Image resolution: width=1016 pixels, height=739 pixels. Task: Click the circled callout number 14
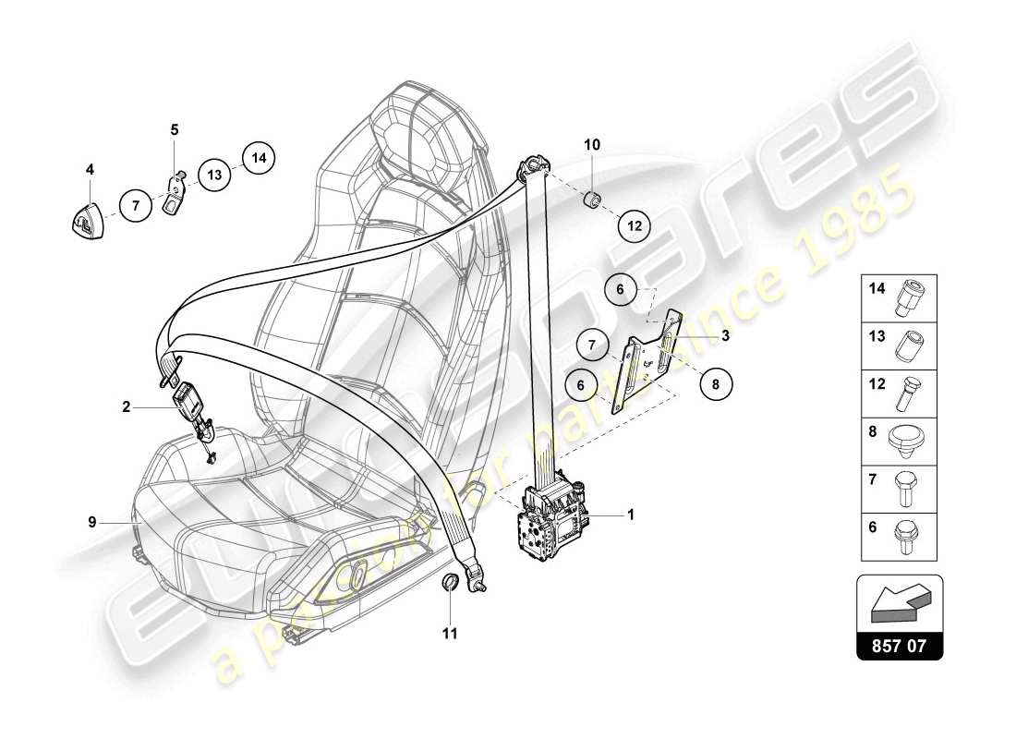point(260,158)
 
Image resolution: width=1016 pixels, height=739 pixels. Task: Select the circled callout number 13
point(214,174)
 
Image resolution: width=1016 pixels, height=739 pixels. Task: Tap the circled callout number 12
point(635,224)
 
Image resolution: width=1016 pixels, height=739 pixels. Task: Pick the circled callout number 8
point(716,382)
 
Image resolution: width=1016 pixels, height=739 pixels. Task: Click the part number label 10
point(592,145)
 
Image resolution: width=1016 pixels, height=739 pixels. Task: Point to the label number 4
point(90,169)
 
